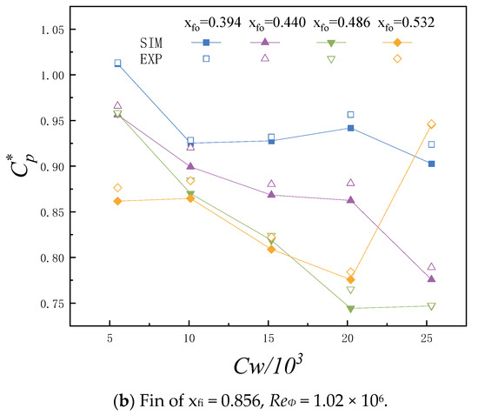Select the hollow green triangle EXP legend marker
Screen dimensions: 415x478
pyautogui.click(x=331, y=59)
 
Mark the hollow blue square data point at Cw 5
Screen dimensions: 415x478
pyautogui.click(x=117, y=63)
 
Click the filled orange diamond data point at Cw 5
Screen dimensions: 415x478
pyautogui.click(x=117, y=201)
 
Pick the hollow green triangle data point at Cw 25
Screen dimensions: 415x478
pyautogui.click(x=431, y=306)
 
